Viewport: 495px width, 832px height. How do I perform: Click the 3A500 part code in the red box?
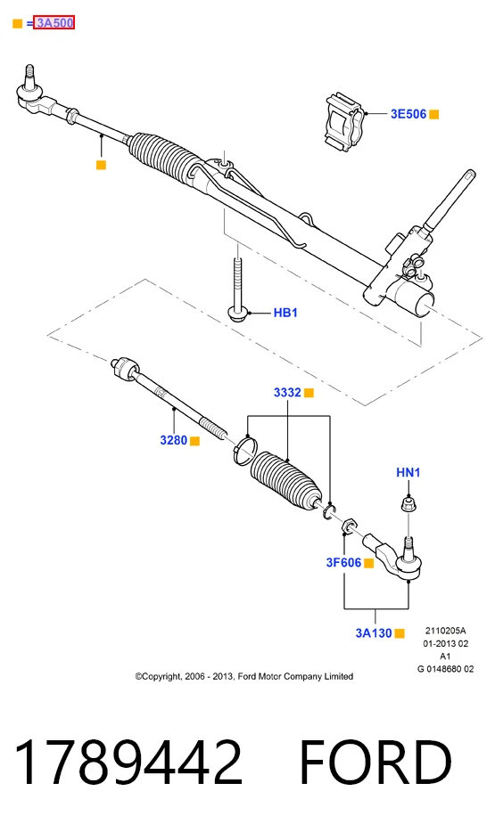[54, 23]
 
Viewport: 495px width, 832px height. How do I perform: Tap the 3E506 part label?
[408, 114]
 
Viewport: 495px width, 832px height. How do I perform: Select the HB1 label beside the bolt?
[285, 313]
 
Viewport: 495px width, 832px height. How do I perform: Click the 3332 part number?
[287, 393]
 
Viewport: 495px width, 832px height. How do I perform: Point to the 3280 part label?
[174, 440]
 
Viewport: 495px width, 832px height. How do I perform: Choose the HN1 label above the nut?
[408, 472]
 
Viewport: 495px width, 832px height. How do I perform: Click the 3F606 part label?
[343, 562]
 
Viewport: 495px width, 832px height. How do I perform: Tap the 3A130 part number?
[374, 633]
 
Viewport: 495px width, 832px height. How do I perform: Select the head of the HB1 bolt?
[237, 312]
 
